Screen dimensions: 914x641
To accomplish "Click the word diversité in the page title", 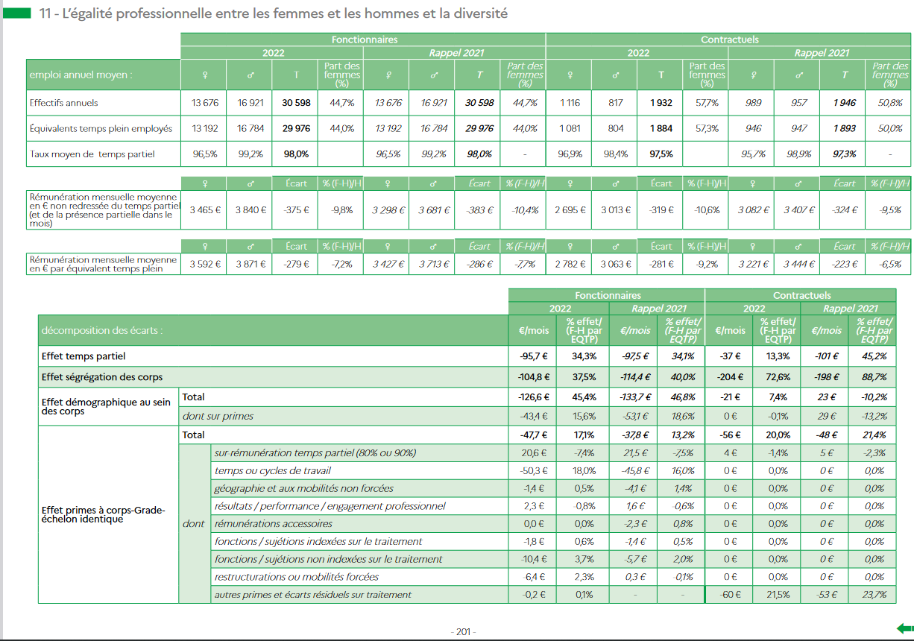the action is pyautogui.click(x=480, y=13).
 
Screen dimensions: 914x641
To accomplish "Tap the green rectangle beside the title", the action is pyautogui.click(x=16, y=13).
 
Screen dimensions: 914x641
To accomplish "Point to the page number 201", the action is pyautogui.click(x=463, y=631).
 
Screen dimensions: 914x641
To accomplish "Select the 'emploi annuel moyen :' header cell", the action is pyautogui.click(x=103, y=75).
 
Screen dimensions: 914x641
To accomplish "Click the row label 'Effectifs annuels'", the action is pyautogui.click(x=63, y=103).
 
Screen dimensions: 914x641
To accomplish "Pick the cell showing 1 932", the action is pyautogui.click(x=661, y=103).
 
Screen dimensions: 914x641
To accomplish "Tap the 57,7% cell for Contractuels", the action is pyautogui.click(x=707, y=103).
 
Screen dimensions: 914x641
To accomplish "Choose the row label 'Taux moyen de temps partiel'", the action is pyautogui.click(x=92, y=154).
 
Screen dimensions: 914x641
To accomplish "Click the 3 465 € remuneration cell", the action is pyautogui.click(x=205, y=210).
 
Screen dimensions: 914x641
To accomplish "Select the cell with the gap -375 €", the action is pyautogui.click(x=296, y=210).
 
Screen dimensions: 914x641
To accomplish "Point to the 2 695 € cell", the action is pyautogui.click(x=570, y=210).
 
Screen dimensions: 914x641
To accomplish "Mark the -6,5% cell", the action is pyautogui.click(x=890, y=265).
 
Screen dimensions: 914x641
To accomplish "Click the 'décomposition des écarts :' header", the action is pyautogui.click(x=102, y=330).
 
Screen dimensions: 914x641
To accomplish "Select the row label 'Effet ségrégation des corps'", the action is pyautogui.click(x=102, y=377).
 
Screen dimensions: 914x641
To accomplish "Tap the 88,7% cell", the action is pyautogui.click(x=874, y=377).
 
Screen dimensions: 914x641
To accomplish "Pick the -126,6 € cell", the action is pyautogui.click(x=533, y=397).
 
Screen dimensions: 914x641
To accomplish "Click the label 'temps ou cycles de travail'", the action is pyautogui.click(x=273, y=471).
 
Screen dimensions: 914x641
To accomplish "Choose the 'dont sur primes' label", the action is pyautogui.click(x=218, y=416).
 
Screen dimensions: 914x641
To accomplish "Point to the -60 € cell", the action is pyautogui.click(x=730, y=595).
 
